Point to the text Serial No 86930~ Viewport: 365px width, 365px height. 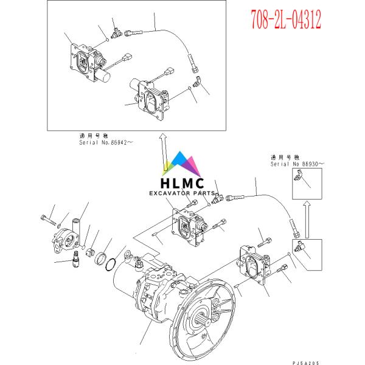[297, 164]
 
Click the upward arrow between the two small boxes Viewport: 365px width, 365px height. [306, 219]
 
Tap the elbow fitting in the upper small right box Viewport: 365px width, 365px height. [299, 176]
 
